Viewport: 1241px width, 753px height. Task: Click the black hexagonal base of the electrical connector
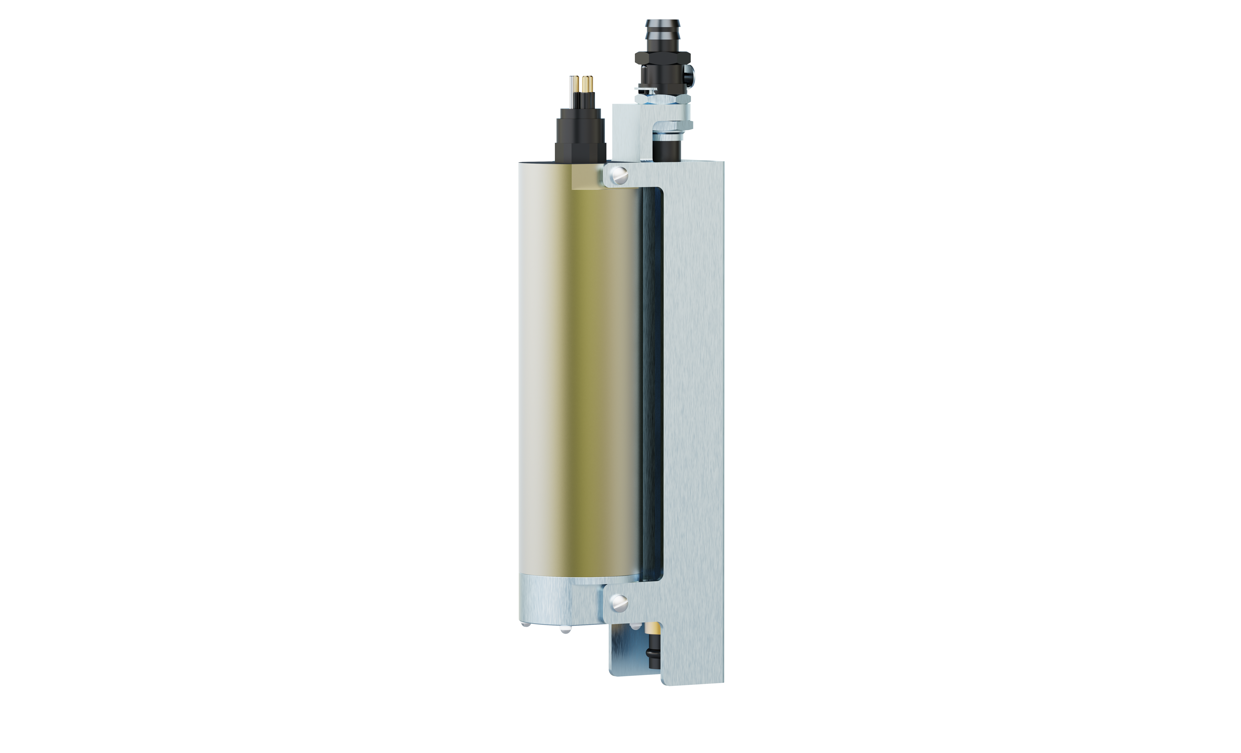pos(580,151)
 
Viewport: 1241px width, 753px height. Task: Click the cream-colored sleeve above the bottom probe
pos(653,628)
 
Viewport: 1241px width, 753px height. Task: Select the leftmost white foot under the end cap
pos(525,625)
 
